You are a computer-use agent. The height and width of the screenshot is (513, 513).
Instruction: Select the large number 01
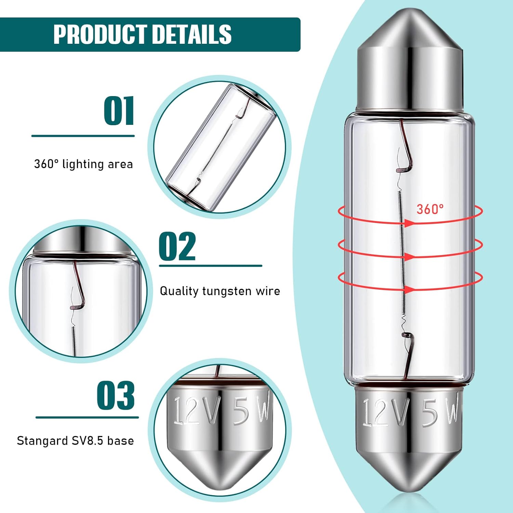(119, 111)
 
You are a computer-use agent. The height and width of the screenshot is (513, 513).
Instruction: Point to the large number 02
(177, 246)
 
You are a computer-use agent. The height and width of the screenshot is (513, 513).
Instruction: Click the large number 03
(116, 395)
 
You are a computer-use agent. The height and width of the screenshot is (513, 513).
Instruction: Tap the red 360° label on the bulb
(430, 209)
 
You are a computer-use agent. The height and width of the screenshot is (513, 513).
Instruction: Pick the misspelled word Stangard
(42, 441)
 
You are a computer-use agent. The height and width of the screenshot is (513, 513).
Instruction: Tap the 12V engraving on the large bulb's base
(385, 412)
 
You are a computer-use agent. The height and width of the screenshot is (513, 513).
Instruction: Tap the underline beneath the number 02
(210, 266)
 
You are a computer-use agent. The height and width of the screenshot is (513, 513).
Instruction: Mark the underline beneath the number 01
(83, 136)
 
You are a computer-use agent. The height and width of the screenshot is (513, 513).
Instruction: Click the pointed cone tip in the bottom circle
(220, 485)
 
